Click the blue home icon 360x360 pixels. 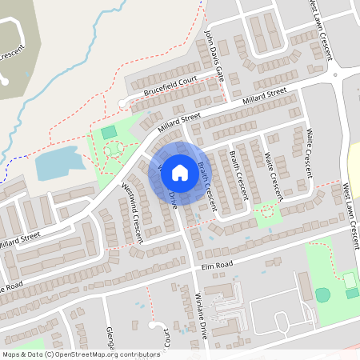pos(180,171)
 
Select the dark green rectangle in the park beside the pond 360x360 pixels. pos(109,131)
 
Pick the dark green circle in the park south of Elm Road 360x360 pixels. pos(322,294)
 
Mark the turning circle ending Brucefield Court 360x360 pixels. pos(122,103)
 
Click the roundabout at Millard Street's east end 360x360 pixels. pos(338,75)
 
